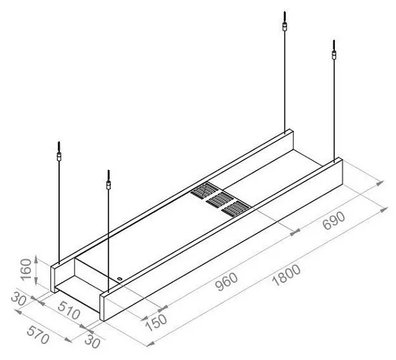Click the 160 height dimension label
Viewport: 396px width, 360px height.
(x=26, y=269)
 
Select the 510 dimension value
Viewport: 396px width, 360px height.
(x=69, y=310)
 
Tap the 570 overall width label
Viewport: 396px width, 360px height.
(x=38, y=334)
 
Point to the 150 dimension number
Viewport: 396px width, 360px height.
(x=157, y=322)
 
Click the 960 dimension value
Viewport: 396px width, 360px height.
(x=227, y=281)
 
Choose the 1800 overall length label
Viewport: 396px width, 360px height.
(x=287, y=275)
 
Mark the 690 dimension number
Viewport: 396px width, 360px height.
(x=334, y=220)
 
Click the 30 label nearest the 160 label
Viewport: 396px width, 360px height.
(x=18, y=298)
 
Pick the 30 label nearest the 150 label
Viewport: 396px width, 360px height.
(x=92, y=341)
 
